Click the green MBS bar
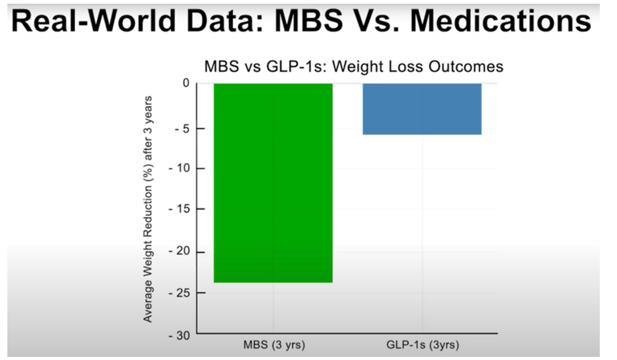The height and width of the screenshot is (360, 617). point(273,182)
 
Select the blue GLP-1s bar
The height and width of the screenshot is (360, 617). point(422,109)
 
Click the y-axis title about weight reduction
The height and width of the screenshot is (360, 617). point(148,209)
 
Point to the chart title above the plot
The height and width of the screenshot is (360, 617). point(353,66)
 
